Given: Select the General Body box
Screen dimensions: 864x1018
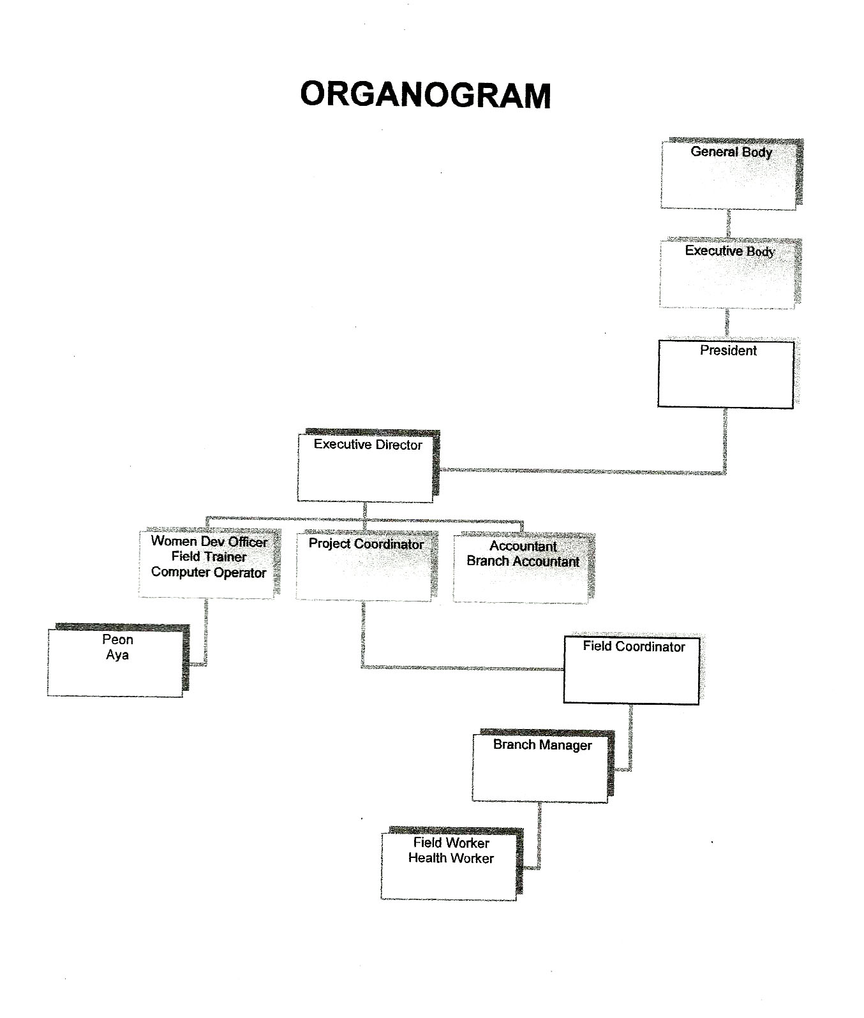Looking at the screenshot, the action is point(731,173).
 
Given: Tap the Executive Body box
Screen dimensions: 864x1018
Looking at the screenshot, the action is point(730,274).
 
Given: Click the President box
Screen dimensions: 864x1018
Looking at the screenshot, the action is point(726,374).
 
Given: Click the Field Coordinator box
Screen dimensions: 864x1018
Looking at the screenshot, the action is point(632,669).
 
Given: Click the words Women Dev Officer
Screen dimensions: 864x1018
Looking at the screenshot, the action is point(209,542).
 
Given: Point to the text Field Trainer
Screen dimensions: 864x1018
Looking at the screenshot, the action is point(209,557).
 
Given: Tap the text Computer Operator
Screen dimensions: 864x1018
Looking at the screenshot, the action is point(209,572).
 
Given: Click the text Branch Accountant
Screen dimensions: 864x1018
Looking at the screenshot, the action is point(523,561).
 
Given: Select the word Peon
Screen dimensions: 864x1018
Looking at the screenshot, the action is point(117,640).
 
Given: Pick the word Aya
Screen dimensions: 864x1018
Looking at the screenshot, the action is point(117,655).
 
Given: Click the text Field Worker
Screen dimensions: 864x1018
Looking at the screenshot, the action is point(451,843).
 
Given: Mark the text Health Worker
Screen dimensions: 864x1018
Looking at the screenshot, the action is point(451,858).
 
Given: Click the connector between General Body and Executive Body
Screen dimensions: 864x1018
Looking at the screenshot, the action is point(728,224).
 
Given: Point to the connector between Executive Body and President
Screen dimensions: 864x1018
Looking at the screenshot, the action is point(727,325).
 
